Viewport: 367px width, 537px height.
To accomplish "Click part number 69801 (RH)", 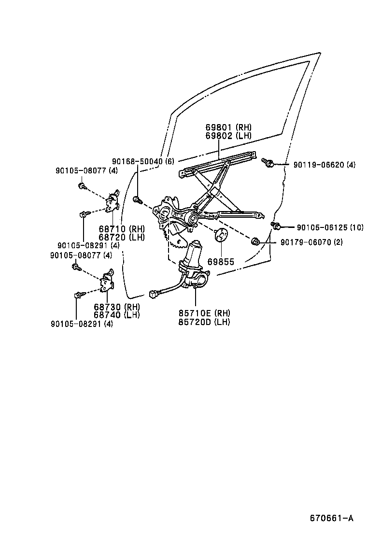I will coord(228,127).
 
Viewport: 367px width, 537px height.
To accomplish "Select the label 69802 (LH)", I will coord(228,136).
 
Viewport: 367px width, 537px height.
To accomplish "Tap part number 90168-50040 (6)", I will coord(142,161).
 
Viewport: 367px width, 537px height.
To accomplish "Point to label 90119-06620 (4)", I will coord(324,165).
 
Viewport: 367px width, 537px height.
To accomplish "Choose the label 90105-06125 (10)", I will coord(329,227).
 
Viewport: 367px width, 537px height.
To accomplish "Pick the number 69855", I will coord(221,262).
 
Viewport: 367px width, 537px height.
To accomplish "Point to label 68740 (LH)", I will coord(116,315).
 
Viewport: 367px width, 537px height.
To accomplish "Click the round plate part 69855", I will coord(221,235).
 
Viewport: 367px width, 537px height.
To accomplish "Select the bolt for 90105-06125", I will coord(276,226).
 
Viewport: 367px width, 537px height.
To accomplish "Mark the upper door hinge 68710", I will coord(114,202).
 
